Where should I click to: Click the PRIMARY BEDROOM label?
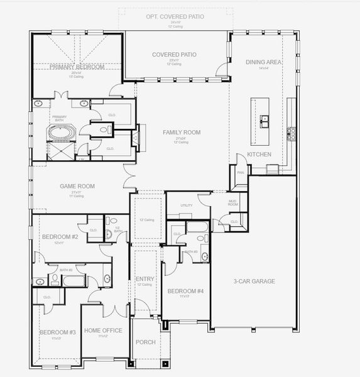(x=79, y=67)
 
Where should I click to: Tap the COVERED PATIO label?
(x=174, y=55)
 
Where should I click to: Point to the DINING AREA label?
(x=263, y=62)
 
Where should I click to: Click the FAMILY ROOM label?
(x=181, y=132)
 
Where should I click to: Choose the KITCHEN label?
(x=259, y=154)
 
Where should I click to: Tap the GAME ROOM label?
(x=77, y=186)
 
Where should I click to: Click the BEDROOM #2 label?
(x=60, y=236)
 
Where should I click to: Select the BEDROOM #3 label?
(x=57, y=331)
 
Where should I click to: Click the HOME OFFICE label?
(x=103, y=330)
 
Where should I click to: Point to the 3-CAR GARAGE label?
(x=254, y=281)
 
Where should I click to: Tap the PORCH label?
(x=145, y=342)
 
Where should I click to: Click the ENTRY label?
(x=145, y=278)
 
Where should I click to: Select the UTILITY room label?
(x=186, y=205)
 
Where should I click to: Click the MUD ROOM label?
(x=233, y=203)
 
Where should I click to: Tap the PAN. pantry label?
(x=240, y=172)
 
